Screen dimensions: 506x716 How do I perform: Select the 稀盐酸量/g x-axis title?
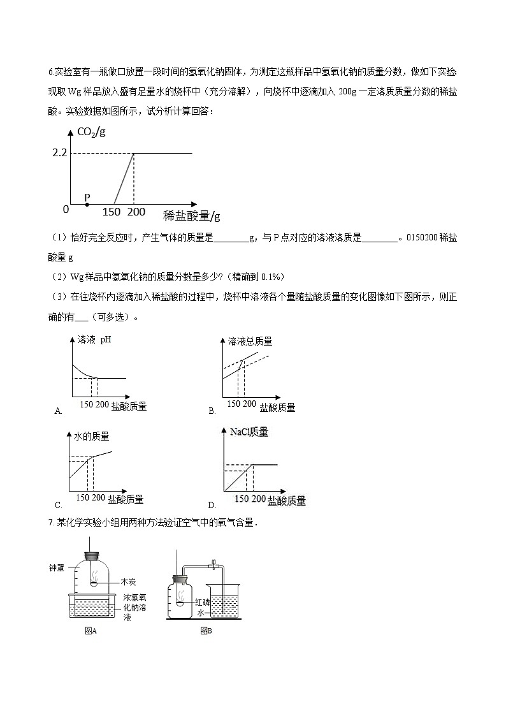pyautogui.click(x=191, y=215)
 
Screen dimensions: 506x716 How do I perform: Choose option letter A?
pyautogui.click(x=58, y=411)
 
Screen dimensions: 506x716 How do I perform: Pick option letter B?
pyautogui.click(x=212, y=411)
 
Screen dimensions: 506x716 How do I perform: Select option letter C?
pyautogui.click(x=58, y=505)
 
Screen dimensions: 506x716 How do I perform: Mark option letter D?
pyautogui.click(x=212, y=505)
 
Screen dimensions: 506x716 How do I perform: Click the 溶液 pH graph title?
pyautogui.click(x=94, y=340)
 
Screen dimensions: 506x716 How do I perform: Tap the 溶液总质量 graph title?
pyautogui.click(x=250, y=342)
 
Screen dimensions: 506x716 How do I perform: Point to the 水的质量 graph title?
pyautogui.click(x=92, y=436)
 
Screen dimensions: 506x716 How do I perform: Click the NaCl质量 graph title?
pyautogui.click(x=249, y=432)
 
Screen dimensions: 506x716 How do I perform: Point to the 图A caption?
pyautogui.click(x=90, y=631)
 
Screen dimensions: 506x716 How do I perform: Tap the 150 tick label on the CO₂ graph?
pyautogui.click(x=112, y=212)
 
